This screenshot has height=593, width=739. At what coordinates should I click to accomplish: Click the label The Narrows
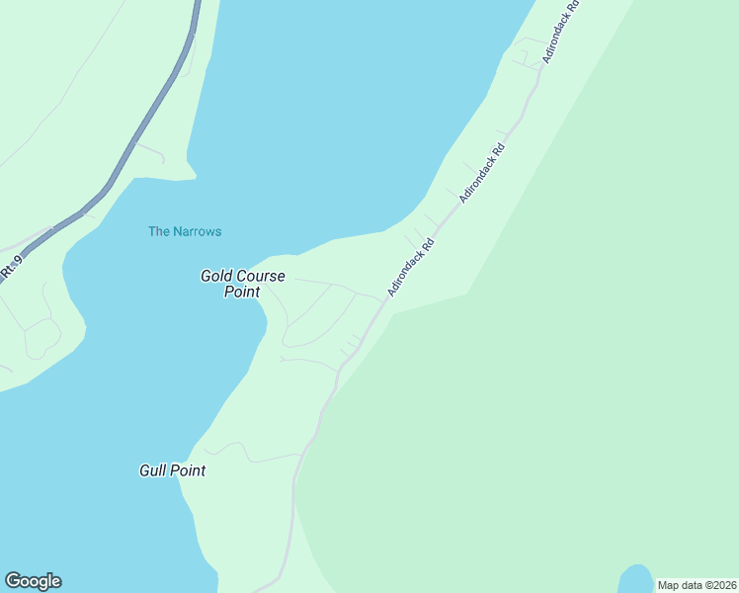pyautogui.click(x=185, y=231)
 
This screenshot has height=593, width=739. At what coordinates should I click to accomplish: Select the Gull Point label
pyautogui.click(x=173, y=470)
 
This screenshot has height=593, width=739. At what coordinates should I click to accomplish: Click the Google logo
pyautogui.click(x=33, y=581)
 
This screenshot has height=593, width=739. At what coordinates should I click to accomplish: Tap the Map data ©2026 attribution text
pyautogui.click(x=697, y=584)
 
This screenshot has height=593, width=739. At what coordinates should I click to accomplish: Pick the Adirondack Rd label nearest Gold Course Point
pyautogui.click(x=411, y=267)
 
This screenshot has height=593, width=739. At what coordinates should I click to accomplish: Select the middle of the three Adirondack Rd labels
pyautogui.click(x=482, y=174)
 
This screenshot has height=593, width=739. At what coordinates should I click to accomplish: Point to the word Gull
pyautogui.click(x=154, y=470)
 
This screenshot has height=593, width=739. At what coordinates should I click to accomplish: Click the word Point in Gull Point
pyautogui.click(x=190, y=470)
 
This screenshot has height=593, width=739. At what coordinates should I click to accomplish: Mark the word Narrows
pyautogui.click(x=199, y=231)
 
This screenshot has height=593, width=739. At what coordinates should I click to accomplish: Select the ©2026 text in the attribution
pyautogui.click(x=717, y=584)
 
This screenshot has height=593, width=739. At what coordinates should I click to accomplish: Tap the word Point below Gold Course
pyautogui.click(x=242, y=292)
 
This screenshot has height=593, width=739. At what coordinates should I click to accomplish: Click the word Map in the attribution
pyautogui.click(x=669, y=584)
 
